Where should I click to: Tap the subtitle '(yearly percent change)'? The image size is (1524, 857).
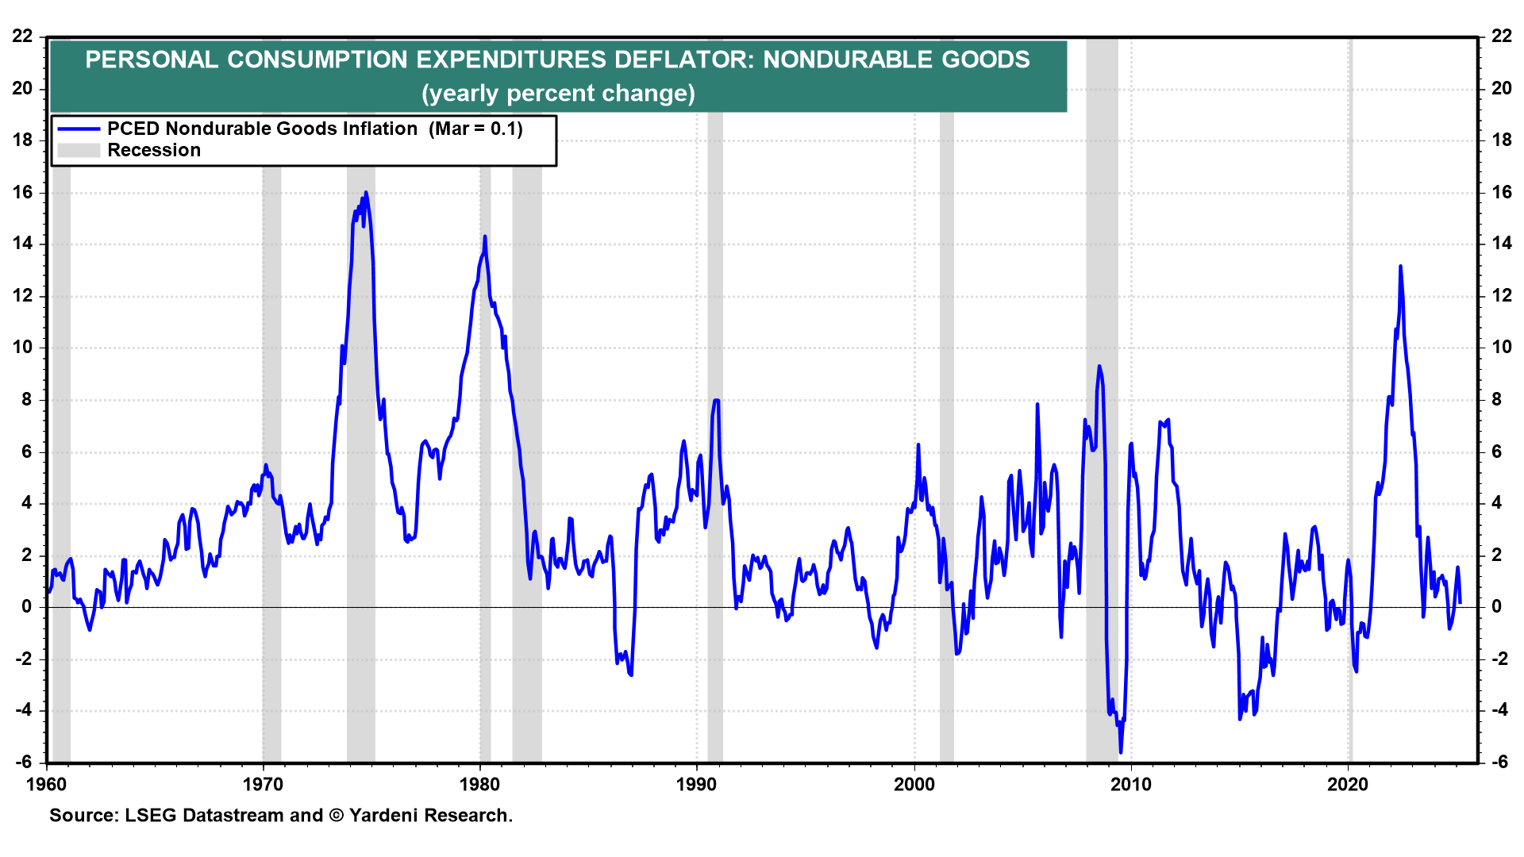(558, 94)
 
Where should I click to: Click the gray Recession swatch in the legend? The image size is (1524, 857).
(79, 150)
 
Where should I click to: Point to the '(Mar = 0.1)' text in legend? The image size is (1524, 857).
(475, 129)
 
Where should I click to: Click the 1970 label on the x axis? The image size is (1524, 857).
(263, 785)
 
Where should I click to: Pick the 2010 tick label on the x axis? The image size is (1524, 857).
(1131, 785)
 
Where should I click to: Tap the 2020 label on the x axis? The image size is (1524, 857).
(1348, 785)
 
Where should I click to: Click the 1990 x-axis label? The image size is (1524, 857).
(696, 785)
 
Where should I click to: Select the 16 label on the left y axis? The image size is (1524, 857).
(22, 192)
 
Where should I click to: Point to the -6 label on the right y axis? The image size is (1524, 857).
(1499, 762)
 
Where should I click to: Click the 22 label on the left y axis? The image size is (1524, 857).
(22, 36)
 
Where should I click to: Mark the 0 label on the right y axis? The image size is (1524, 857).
(1496, 607)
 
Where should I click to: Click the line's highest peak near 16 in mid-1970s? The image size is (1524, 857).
(366, 192)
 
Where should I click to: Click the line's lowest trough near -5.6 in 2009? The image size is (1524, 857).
(1121, 752)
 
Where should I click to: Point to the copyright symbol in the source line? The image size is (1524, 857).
(336, 816)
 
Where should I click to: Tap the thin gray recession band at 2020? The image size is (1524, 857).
(1349, 397)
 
